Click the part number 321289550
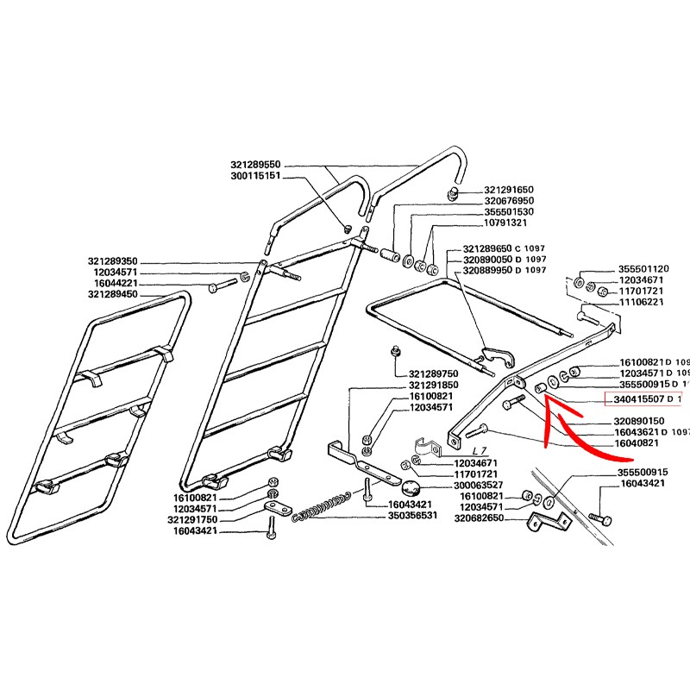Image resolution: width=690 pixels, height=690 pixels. coord(256,164)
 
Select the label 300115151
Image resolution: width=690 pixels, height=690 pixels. coord(256,175)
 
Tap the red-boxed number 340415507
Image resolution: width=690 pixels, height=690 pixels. coord(640,400)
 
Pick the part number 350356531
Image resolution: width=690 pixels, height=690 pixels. coord(414,516)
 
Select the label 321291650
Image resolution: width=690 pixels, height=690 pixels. coord(510,189)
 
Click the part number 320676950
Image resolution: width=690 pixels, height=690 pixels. coord(510,200)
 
